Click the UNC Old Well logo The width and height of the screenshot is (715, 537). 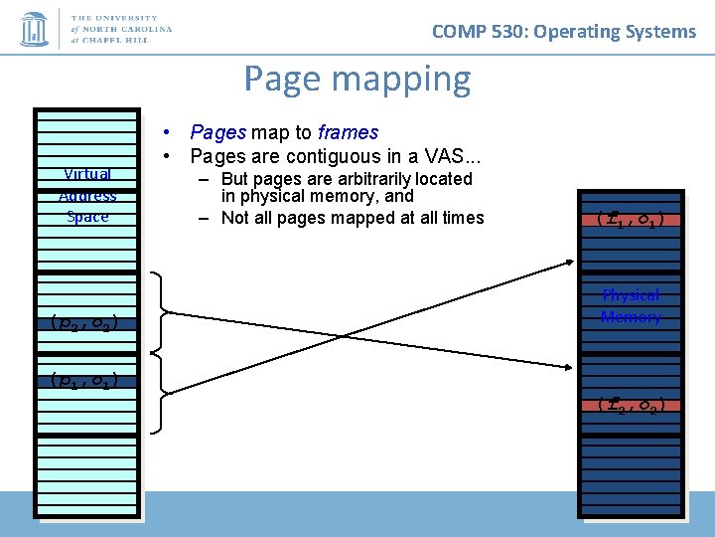(35, 28)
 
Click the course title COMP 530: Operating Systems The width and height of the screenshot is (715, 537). (564, 31)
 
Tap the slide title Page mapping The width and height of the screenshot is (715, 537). (357, 78)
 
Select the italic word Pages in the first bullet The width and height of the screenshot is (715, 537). (218, 132)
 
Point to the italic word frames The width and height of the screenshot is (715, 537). (348, 132)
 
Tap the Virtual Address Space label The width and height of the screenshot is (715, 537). (87, 195)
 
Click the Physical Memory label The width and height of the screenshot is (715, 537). (631, 306)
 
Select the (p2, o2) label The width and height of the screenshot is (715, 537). (83, 321)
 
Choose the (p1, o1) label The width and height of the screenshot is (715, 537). (83, 380)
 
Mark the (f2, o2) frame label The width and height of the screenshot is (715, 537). (631, 405)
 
